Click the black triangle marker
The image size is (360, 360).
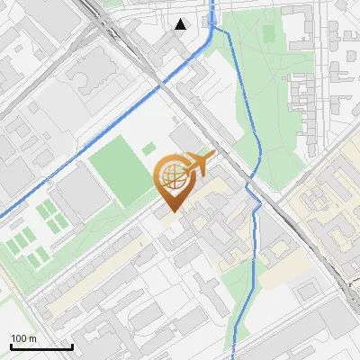point(182,24)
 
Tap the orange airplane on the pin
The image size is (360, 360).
point(197,164)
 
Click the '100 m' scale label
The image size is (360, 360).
point(24,338)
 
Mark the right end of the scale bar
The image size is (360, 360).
point(72,347)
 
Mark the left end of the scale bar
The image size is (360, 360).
point(11,347)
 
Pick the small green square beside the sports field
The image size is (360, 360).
point(149,149)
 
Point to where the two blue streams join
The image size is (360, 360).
point(212,27)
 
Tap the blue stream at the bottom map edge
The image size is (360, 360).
point(233,355)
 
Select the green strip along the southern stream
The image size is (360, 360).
point(241,306)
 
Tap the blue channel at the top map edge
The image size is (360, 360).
point(212,4)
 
